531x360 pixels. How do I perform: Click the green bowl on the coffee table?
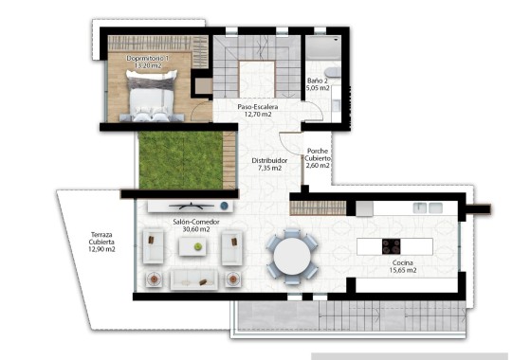[197, 246]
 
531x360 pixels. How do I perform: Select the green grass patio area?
[186, 159]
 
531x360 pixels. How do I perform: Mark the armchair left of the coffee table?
[152, 248]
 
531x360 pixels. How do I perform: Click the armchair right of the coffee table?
[230, 248]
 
